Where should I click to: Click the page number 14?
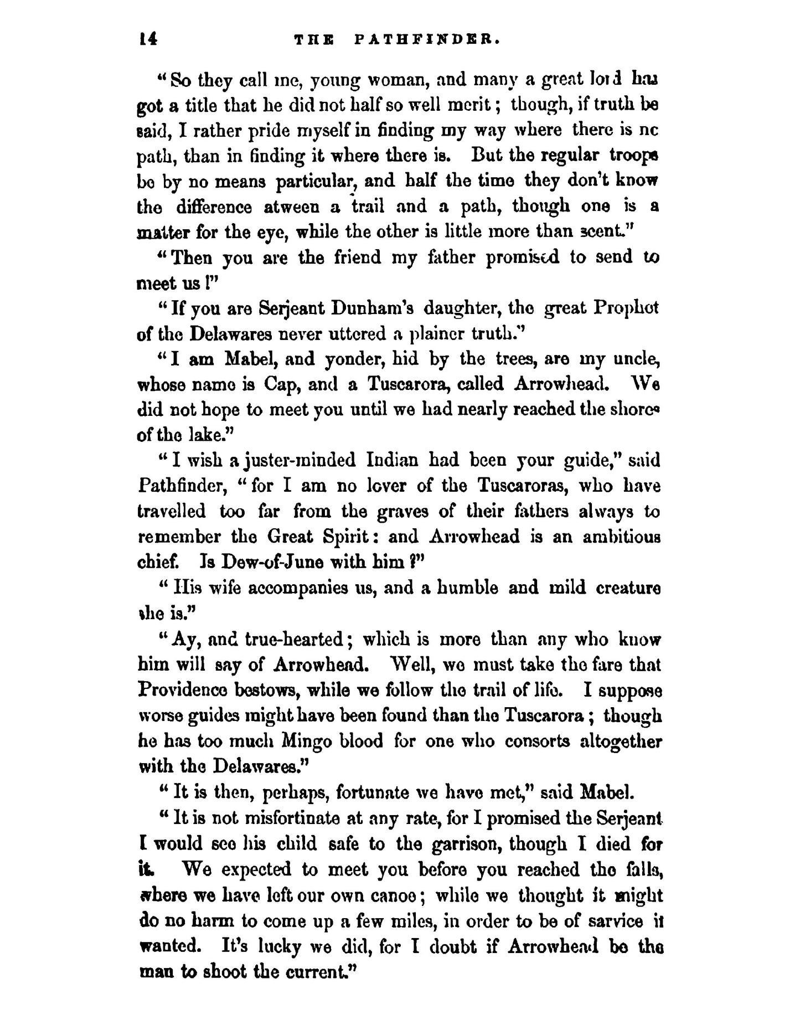point(148,39)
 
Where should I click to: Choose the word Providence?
point(183,691)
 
